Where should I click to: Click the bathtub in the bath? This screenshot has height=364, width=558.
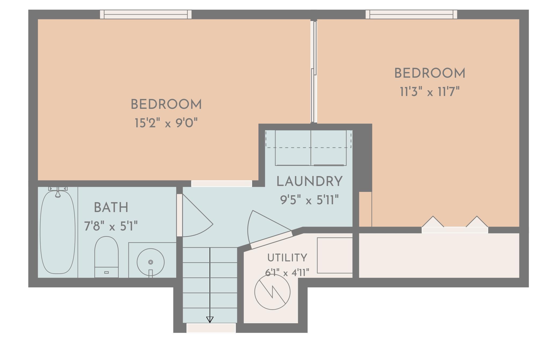[x=57, y=232]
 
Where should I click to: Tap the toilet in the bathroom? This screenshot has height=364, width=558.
[x=106, y=257]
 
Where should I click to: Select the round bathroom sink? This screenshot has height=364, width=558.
[x=150, y=262]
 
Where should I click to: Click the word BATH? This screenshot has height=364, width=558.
[x=111, y=208]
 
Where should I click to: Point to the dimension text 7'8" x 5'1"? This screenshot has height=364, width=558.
[x=111, y=226]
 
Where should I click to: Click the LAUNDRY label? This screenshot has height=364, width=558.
[x=310, y=181]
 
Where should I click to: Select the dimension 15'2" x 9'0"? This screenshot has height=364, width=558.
[x=166, y=123]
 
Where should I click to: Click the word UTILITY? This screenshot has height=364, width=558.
[x=287, y=258]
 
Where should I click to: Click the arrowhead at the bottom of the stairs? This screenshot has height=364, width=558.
[x=210, y=320]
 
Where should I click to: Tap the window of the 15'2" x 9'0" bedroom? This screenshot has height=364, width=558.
[x=146, y=14]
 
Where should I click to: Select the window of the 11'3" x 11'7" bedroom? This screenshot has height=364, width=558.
[x=411, y=14]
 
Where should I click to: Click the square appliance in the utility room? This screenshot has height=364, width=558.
[x=335, y=255]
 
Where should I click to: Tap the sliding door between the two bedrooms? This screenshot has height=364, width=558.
[x=314, y=72]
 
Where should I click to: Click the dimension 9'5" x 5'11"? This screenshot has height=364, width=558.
[x=309, y=200]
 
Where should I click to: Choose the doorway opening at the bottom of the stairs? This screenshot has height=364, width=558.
[x=211, y=328]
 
